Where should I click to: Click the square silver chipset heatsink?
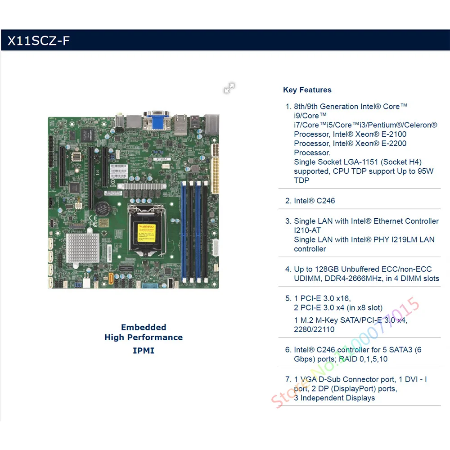pos(82,248)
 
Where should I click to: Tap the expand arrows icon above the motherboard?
pos(229,88)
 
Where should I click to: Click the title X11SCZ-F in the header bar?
pos(38,41)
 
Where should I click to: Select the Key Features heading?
pos(307,90)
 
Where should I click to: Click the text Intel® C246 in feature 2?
pos(314,201)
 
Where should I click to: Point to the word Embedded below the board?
pos(144,327)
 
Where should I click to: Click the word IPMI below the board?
pos(144,350)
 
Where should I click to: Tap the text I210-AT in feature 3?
pos(307,230)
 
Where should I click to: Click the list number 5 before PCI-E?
pos(288,298)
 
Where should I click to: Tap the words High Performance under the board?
pos(144,337)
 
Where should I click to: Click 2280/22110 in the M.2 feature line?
pos(314,329)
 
